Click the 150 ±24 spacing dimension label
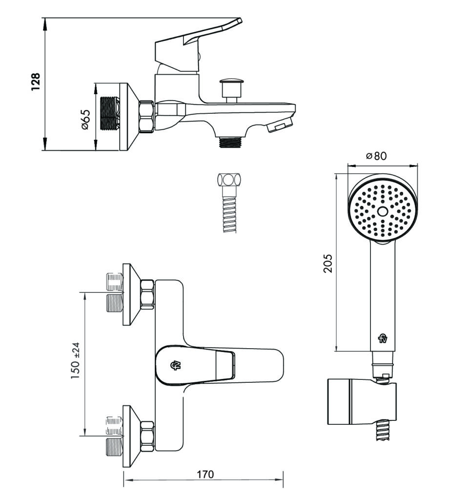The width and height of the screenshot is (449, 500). pos(75,364)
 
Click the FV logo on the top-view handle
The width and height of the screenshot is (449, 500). pos(174,365)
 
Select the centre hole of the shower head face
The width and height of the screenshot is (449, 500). pos(383,211)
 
